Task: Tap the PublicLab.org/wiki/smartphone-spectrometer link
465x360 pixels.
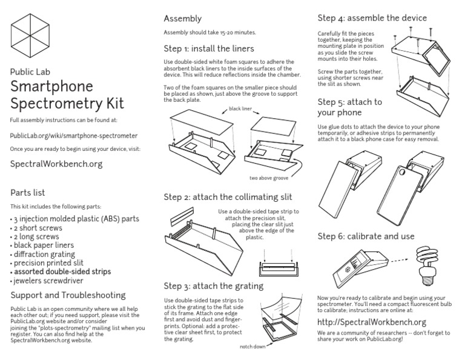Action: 74,136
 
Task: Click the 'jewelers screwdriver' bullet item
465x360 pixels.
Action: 48,281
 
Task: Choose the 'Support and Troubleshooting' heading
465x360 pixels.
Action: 68,295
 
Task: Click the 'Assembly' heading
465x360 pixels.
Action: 183,19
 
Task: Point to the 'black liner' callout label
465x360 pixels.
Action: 241,109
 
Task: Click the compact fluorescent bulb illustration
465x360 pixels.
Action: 430,265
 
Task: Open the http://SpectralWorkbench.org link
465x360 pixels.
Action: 372,322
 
